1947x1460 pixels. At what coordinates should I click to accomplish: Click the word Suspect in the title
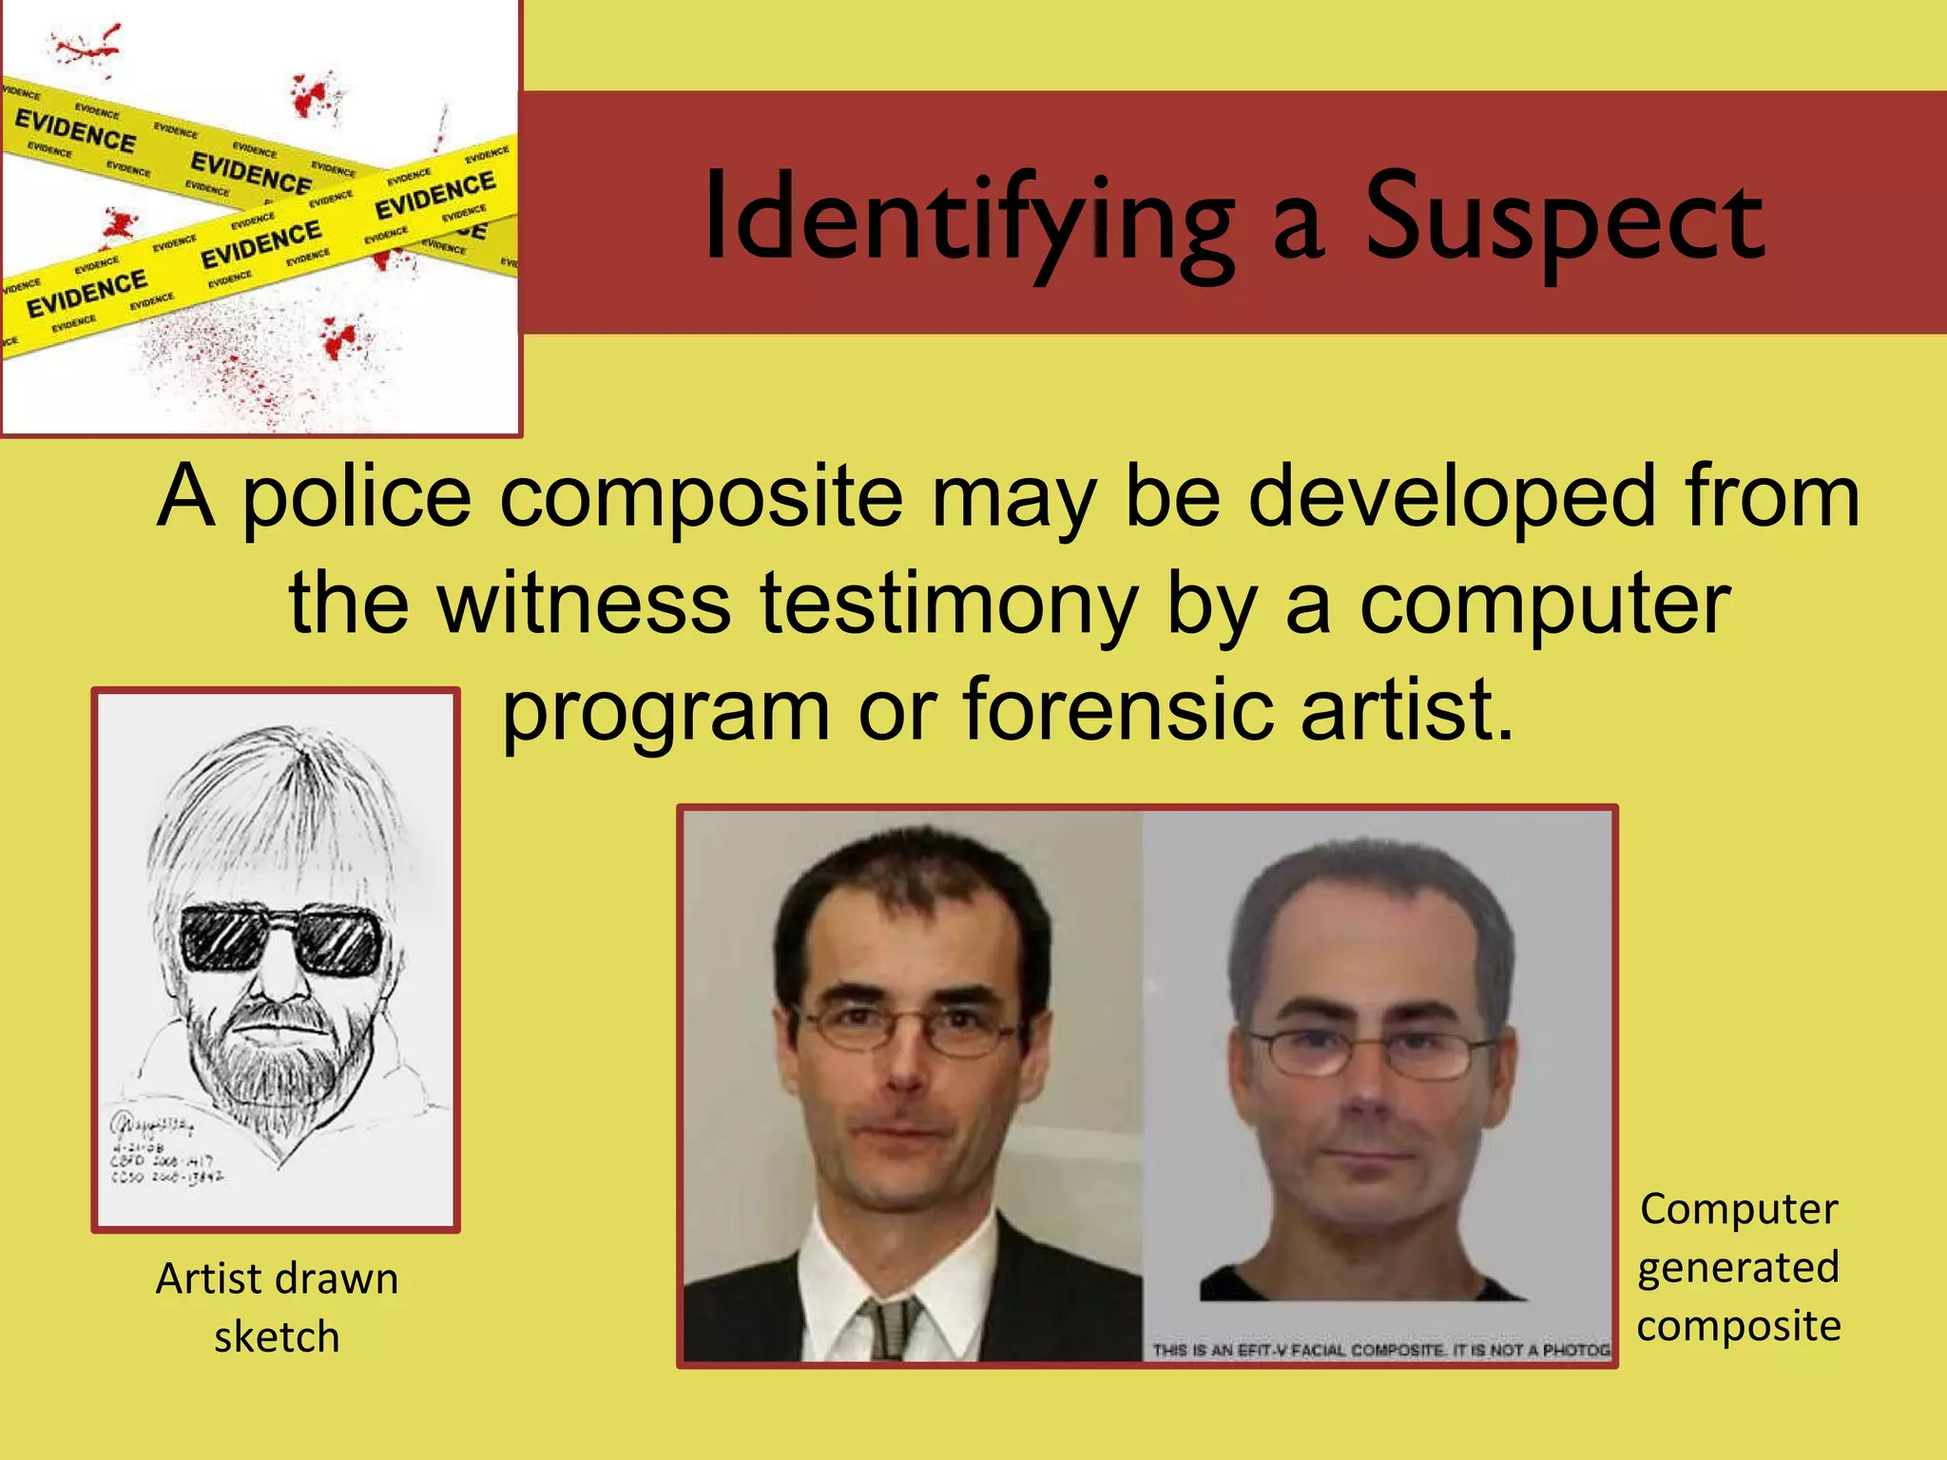click(1565, 219)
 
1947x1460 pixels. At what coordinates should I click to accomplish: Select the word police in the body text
click(356, 496)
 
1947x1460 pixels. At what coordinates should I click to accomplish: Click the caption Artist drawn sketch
click(277, 1307)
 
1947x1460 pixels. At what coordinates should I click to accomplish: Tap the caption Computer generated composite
click(1738, 1267)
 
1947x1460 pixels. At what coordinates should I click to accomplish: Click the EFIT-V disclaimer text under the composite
click(1378, 1350)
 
